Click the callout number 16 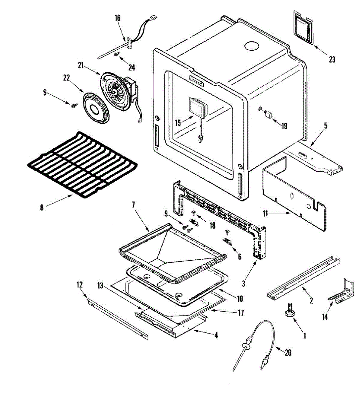click(x=118, y=18)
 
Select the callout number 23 click(x=332, y=60)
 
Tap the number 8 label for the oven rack click(x=42, y=208)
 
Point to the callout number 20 click(x=288, y=353)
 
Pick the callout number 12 click(x=79, y=285)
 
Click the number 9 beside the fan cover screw click(x=45, y=93)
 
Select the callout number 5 click(x=326, y=126)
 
